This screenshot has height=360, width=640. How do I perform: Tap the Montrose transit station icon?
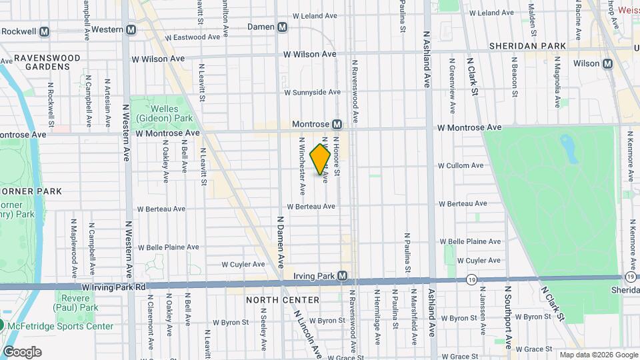(x=337, y=125)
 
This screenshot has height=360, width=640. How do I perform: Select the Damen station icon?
(x=283, y=27)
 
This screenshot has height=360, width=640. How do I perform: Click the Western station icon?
(x=131, y=29)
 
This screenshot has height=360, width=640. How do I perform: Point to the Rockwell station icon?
(x=45, y=31)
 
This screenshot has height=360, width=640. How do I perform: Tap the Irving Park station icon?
(x=342, y=275)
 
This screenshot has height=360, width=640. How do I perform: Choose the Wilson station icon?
(x=607, y=63)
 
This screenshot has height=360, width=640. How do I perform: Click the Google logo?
(x=22, y=352)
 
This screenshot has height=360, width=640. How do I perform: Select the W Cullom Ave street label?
(x=461, y=165)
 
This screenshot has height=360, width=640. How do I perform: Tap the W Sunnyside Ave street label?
(x=313, y=92)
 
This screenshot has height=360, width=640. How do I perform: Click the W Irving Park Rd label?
(x=114, y=287)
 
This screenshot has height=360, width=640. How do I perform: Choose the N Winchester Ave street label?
(x=302, y=166)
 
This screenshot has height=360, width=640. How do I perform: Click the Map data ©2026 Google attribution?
(x=598, y=355)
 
